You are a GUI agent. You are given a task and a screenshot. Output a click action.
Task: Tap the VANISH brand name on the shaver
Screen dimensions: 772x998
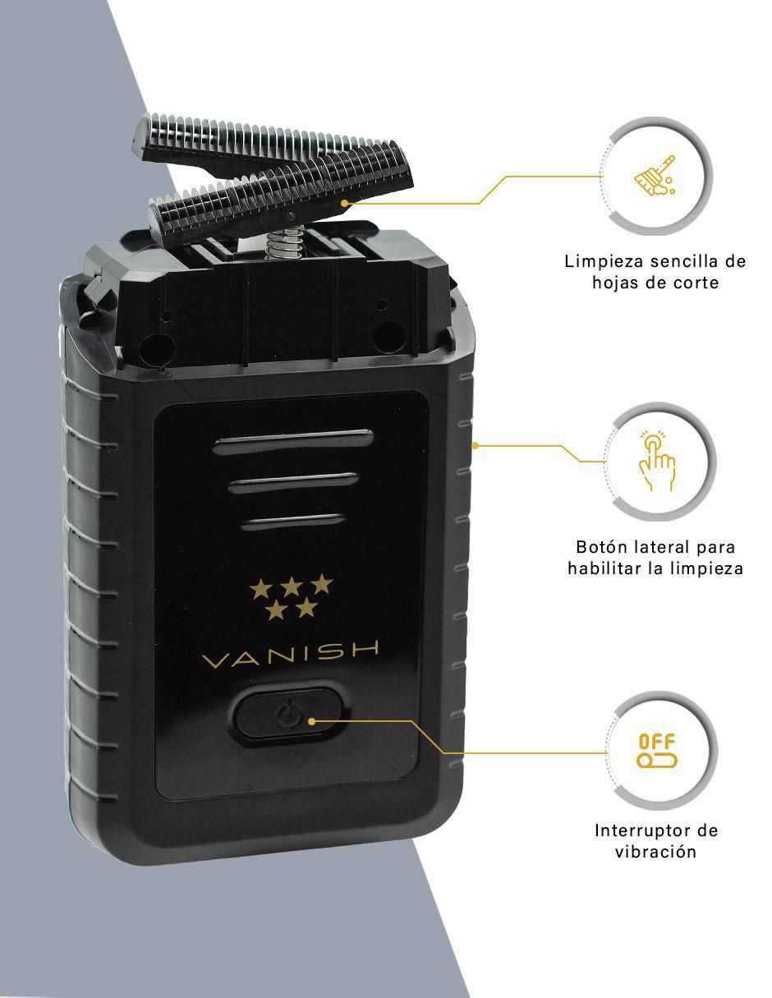tap(290, 656)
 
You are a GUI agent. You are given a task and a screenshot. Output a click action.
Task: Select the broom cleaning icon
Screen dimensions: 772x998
tap(655, 177)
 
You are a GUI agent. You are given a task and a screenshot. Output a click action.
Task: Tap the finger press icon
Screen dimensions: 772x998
tap(657, 461)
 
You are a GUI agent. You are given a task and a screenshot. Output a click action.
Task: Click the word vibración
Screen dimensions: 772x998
tap(655, 852)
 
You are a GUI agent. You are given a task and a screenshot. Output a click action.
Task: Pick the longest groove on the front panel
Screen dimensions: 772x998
tap(294, 441)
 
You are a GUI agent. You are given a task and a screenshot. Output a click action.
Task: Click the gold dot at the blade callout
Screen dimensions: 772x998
tap(344, 202)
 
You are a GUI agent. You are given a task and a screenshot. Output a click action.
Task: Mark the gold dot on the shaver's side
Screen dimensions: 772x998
tap(475, 445)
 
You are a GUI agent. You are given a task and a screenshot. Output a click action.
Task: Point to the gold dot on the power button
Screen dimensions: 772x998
tap(311, 721)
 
